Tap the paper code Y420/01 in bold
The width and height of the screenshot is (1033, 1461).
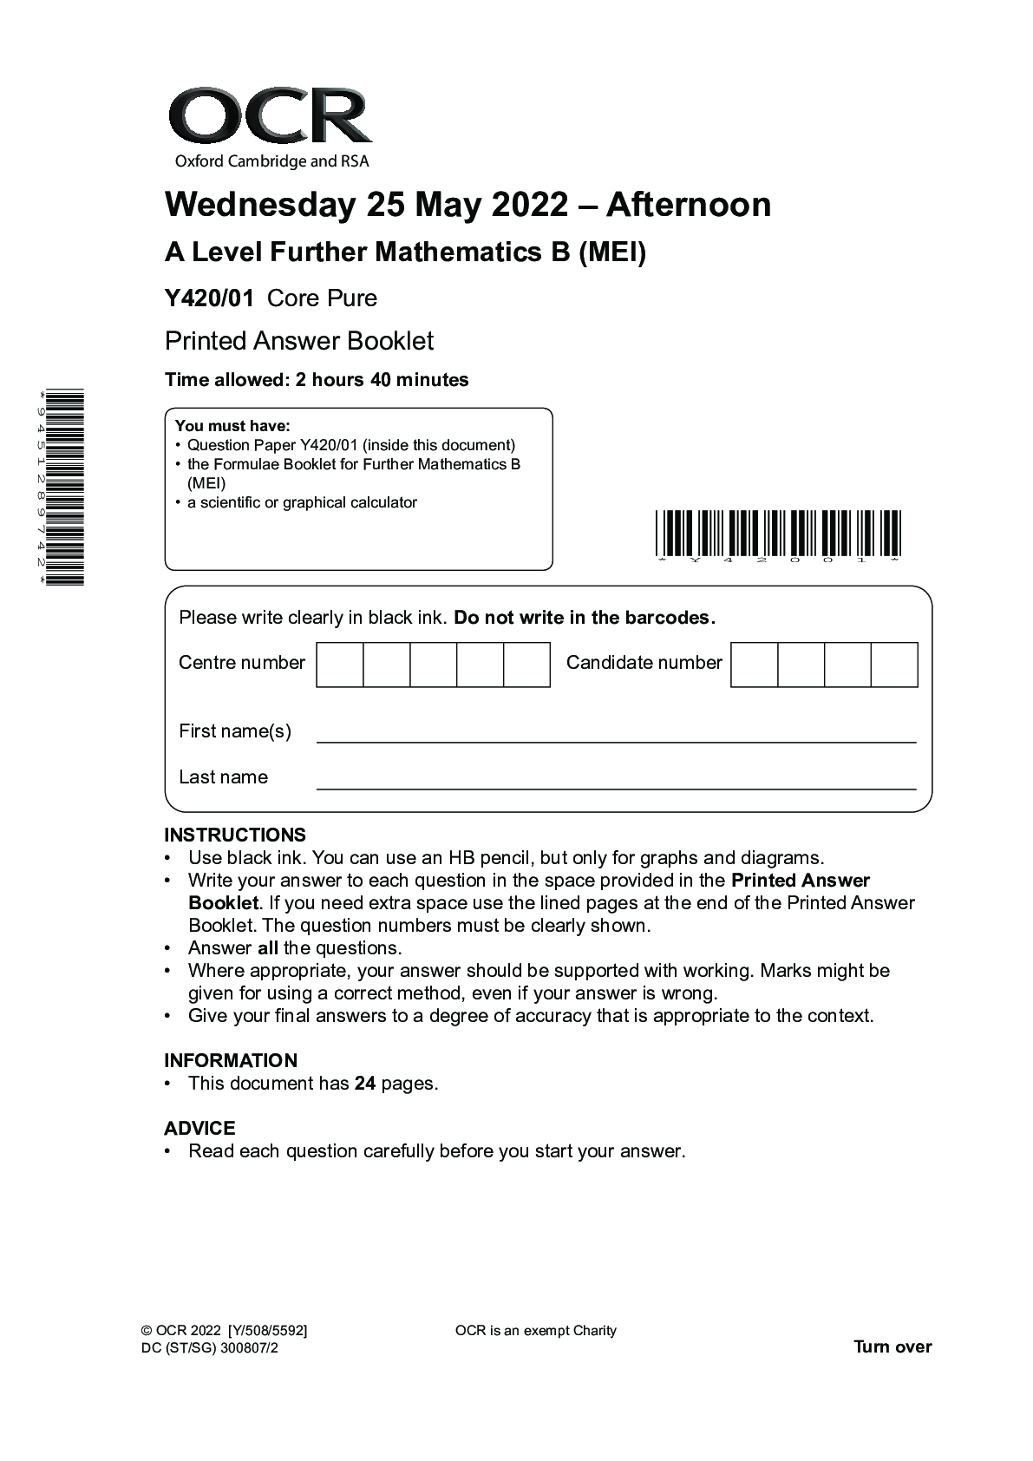coord(209,298)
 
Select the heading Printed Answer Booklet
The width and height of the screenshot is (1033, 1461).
coord(299,341)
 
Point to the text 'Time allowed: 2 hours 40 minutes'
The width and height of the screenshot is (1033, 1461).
coord(317,380)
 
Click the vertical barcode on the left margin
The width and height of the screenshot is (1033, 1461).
coord(67,488)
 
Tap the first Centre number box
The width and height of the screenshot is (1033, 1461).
coord(340,665)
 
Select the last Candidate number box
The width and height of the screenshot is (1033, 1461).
coord(894,665)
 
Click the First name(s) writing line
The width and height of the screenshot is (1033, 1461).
coord(616,740)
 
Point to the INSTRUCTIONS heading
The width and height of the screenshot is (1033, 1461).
coord(235,835)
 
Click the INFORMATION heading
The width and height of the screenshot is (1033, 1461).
coord(231,1060)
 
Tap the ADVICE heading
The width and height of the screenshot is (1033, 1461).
coord(199,1128)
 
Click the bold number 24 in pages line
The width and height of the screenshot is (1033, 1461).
coord(365,1084)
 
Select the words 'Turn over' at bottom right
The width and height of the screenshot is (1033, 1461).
coord(892,1346)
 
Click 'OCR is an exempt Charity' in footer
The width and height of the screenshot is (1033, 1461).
coord(535,1331)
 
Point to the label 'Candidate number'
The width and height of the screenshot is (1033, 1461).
coord(644,663)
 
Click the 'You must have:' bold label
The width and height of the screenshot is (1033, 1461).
coord(232,426)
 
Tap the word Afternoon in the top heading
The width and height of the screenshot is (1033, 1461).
coord(688,205)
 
